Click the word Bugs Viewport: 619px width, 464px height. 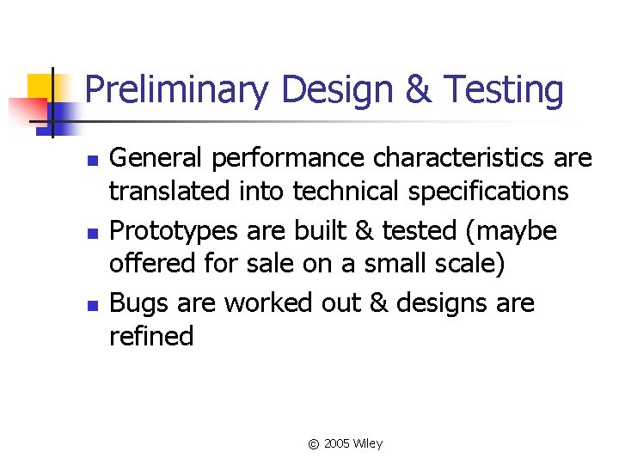coord(138,303)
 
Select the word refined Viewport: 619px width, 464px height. coord(151,336)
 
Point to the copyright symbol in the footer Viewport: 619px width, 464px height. coord(313,444)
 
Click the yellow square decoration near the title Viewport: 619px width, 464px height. coord(40,86)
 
